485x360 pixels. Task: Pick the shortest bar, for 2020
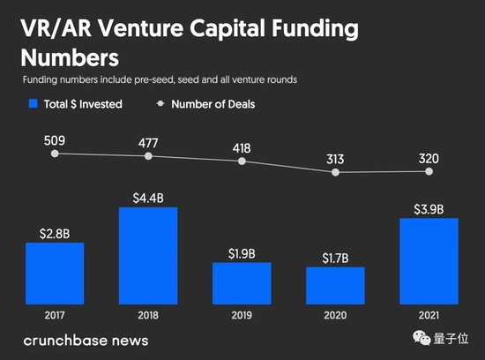click(335, 286)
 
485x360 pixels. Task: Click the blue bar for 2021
click(429, 261)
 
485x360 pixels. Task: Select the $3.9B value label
click(429, 208)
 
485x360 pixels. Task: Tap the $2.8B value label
click(55, 233)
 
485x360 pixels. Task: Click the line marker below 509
click(56, 154)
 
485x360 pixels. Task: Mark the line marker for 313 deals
click(335, 172)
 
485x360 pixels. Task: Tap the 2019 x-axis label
click(242, 315)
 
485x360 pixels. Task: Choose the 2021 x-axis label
click(429, 315)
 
